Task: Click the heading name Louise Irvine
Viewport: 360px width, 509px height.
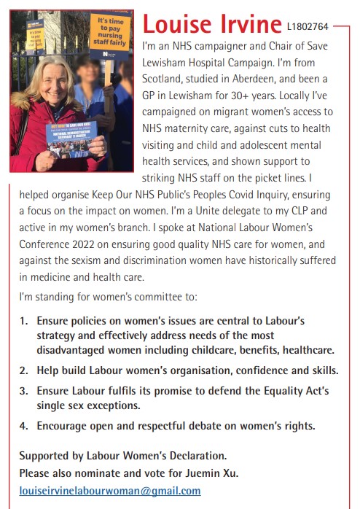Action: click(x=211, y=23)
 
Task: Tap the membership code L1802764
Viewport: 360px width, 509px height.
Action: click(x=308, y=27)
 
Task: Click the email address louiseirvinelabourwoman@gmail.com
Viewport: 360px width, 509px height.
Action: click(x=109, y=491)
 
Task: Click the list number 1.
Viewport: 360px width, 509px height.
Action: click(x=23, y=321)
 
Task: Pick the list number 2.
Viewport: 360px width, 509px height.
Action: click(x=23, y=370)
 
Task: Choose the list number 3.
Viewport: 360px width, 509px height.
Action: click(x=23, y=392)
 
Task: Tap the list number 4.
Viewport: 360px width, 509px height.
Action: click(x=23, y=426)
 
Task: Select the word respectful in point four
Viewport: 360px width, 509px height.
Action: click(x=150, y=426)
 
